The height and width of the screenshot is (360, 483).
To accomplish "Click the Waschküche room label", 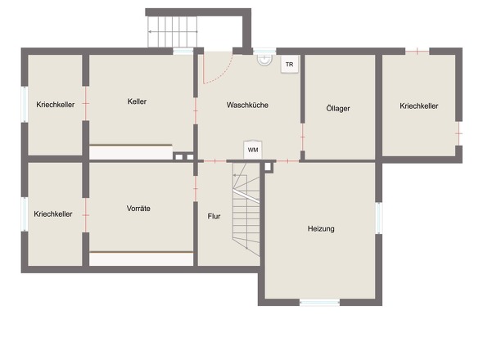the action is click(247, 105).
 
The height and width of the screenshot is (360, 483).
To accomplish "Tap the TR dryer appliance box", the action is click(289, 64).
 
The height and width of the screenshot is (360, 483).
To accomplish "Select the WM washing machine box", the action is click(253, 150).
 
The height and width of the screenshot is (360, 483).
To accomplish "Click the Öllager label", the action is click(338, 108).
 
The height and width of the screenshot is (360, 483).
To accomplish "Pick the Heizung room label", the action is click(321, 228).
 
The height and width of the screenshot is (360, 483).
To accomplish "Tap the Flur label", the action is click(214, 216).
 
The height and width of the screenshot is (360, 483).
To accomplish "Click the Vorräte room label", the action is click(138, 208).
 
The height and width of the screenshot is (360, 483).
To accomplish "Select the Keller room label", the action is click(137, 101).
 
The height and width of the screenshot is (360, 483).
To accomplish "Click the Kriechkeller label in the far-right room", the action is click(419, 106).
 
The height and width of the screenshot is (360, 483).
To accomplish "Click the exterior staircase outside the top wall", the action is click(173, 32).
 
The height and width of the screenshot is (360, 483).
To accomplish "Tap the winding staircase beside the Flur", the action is click(246, 209).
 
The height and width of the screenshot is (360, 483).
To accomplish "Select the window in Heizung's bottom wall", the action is click(319, 303).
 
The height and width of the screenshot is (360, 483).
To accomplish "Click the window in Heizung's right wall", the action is click(379, 218).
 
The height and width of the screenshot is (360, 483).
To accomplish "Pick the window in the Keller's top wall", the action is click(183, 51).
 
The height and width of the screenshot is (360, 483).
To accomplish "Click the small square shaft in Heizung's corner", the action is click(268, 167).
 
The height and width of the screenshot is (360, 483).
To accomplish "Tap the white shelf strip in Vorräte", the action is click(142, 259).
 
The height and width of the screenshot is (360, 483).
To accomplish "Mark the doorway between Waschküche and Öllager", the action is click(303, 137).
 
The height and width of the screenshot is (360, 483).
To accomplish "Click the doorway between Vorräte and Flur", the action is click(196, 188).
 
